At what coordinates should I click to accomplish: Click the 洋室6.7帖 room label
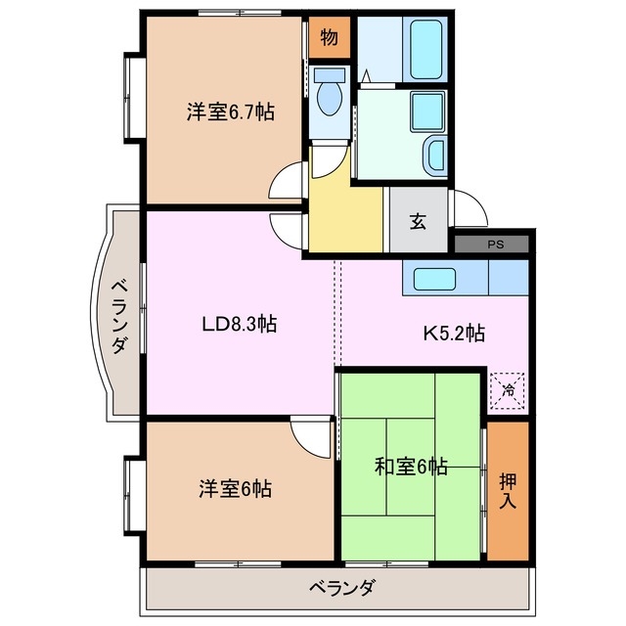(x=231, y=112)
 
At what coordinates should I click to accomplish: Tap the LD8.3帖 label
(x=240, y=325)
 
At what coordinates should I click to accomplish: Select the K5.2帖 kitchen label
(x=453, y=334)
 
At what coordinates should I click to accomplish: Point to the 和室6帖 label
(x=411, y=467)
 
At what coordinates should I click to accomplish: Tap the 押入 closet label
(x=508, y=488)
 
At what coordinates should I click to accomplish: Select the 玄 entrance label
(x=418, y=221)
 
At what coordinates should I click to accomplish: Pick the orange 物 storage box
(x=330, y=38)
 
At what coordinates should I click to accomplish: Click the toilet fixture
(x=330, y=96)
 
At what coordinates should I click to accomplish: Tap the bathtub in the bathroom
(x=426, y=49)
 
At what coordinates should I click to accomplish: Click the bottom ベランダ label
(x=342, y=589)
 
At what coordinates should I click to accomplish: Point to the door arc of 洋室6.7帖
(x=290, y=181)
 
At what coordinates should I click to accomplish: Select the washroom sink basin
(x=433, y=153)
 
